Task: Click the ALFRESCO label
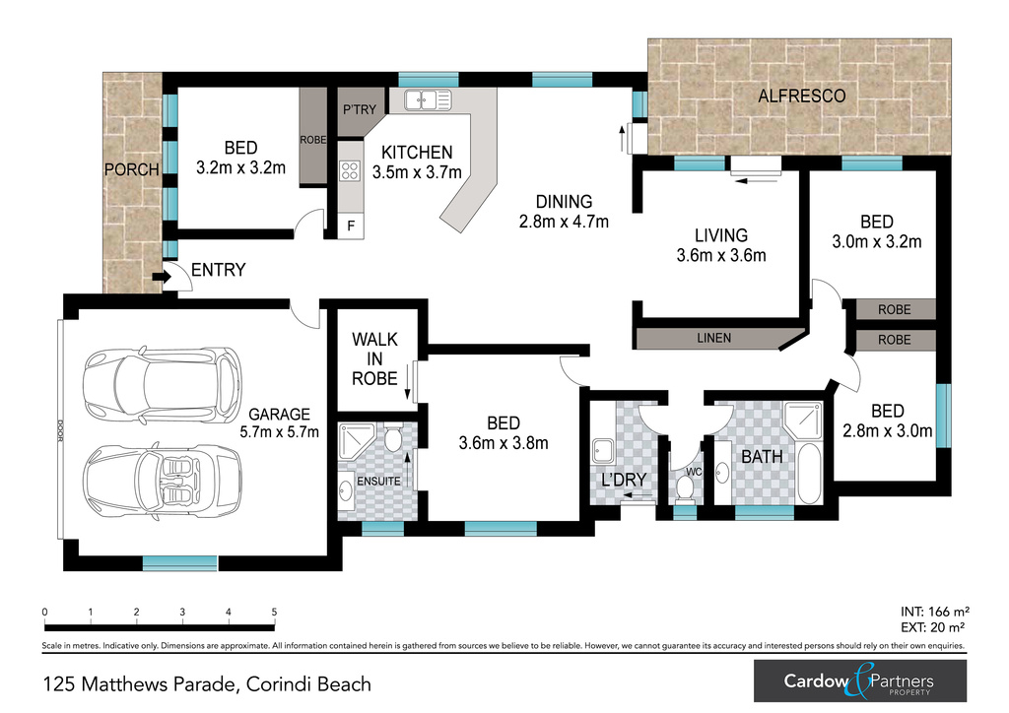[x=801, y=96]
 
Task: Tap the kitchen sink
[x=428, y=100]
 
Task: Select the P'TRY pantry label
[x=359, y=109]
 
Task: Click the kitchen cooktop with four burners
[x=350, y=170]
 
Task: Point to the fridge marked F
[x=351, y=227]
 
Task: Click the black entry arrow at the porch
[x=162, y=277]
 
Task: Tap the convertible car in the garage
[x=164, y=477]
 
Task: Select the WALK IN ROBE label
[x=374, y=358]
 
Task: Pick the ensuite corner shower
[x=357, y=442]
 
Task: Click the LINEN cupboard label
[x=713, y=338]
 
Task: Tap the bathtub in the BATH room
[x=810, y=473]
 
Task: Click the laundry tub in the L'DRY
[x=604, y=450]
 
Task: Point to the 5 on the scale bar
[x=274, y=613]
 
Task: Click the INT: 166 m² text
[x=934, y=612]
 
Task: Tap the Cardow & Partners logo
[x=859, y=681]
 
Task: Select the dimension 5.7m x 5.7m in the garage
[x=279, y=432]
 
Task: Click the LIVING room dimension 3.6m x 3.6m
[x=721, y=256]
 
